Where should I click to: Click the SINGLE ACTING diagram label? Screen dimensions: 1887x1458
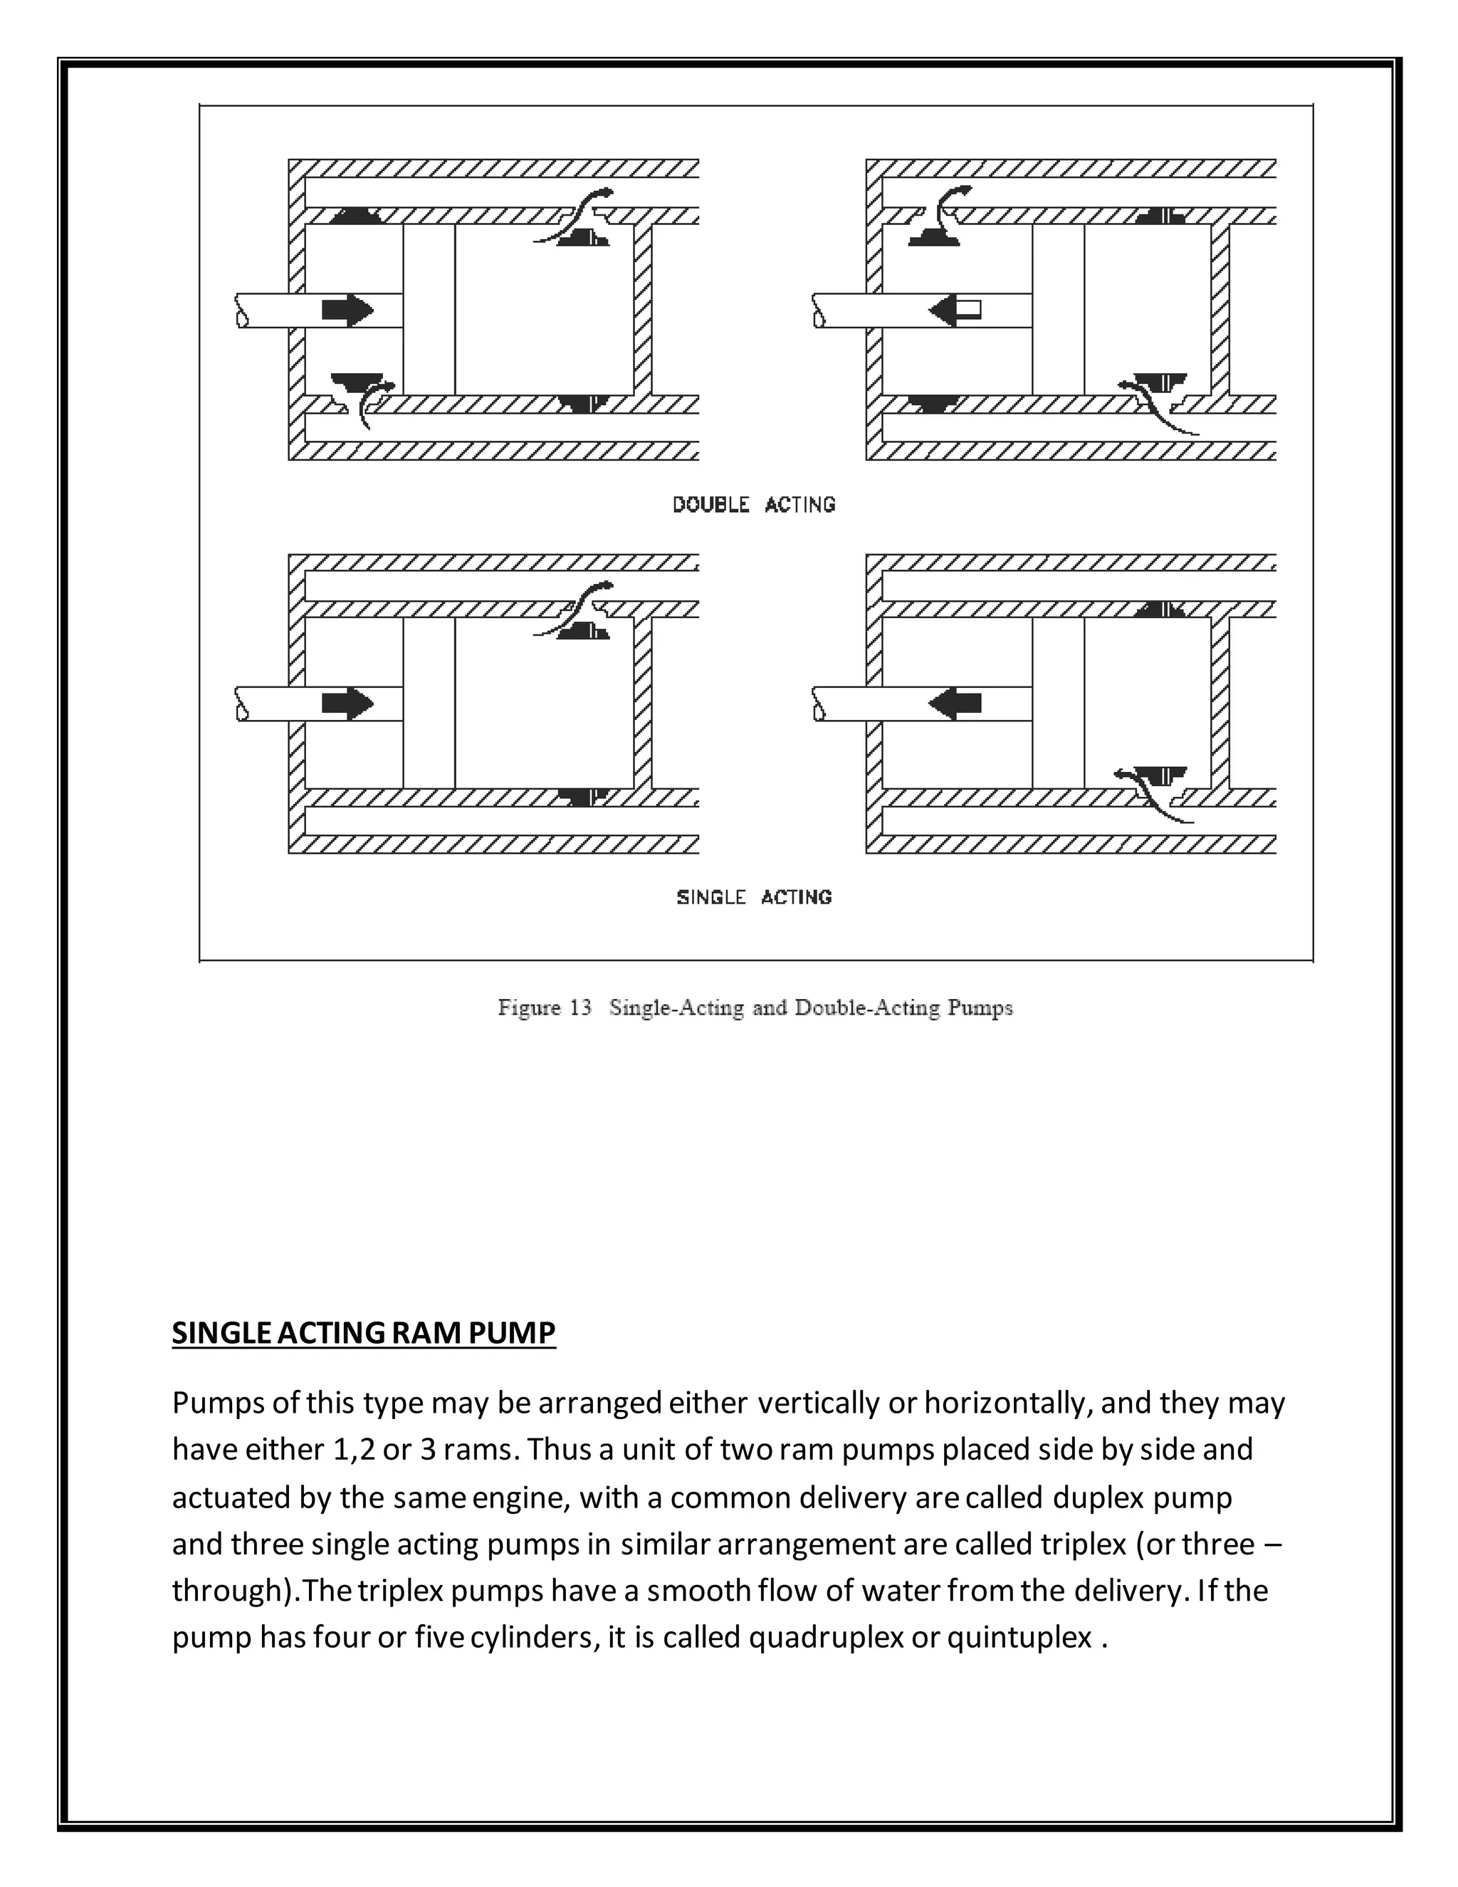tap(753, 897)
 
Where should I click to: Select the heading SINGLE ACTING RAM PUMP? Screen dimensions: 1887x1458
tap(364, 1333)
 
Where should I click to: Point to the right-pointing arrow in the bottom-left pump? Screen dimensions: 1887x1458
tap(347, 704)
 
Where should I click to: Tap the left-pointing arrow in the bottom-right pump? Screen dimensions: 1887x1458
tap(955, 704)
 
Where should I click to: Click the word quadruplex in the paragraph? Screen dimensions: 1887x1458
tap(826, 1637)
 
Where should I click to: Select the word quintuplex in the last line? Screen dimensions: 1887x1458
tap(1019, 1637)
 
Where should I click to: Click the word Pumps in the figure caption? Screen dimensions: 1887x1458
tap(980, 1008)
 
